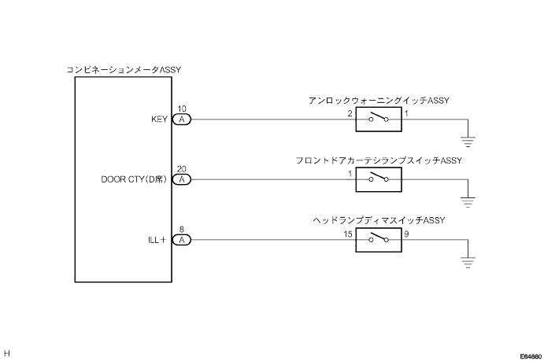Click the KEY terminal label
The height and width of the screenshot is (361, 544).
click(x=159, y=120)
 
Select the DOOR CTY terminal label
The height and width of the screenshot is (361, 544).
click(x=134, y=179)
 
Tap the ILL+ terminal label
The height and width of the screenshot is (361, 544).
click(x=157, y=240)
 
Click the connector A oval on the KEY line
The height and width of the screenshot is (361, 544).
click(x=181, y=120)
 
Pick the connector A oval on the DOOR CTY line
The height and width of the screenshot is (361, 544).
click(x=181, y=179)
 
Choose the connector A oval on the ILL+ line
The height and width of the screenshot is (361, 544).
click(x=181, y=240)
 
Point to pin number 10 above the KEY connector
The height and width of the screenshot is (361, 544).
click(x=181, y=109)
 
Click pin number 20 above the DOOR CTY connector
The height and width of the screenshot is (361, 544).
click(x=181, y=169)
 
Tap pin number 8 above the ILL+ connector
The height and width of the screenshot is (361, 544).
click(x=181, y=230)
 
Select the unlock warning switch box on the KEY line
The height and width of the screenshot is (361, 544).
click(x=379, y=120)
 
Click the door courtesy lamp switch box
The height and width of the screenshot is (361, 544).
click(x=379, y=179)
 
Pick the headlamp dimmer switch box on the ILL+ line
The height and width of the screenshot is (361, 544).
click(x=379, y=240)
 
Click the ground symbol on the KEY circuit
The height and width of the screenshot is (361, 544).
click(x=468, y=142)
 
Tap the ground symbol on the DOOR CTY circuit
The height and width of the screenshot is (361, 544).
click(x=468, y=202)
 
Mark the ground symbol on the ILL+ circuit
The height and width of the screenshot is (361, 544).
click(x=468, y=262)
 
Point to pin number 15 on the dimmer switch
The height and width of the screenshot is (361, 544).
click(x=348, y=234)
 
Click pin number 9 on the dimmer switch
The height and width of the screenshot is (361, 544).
click(x=406, y=234)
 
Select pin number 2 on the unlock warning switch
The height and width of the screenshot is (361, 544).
click(x=350, y=113)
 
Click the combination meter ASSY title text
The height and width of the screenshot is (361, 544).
click(x=124, y=70)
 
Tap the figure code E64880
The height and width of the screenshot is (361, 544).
click(x=531, y=356)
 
